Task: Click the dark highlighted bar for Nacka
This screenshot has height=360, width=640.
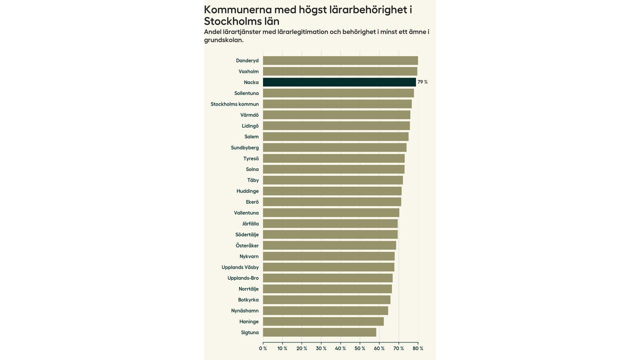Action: pos(339,82)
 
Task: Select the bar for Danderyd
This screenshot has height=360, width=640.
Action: pos(340,60)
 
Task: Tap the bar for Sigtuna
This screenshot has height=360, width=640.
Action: pos(319,332)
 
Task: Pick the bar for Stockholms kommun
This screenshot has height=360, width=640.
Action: pos(337,104)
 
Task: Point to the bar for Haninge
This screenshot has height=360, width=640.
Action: pos(323,321)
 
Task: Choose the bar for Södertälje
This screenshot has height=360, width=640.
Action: pos(330,234)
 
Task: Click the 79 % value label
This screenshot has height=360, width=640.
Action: pos(422,82)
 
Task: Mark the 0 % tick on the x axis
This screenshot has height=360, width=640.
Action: pos(263,348)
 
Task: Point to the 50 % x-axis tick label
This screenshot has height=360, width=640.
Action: pos(360,348)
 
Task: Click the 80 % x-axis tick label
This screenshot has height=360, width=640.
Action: pos(418,348)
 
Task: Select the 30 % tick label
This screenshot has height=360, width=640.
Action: pos(321,348)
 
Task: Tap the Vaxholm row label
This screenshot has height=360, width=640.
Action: pos(248,71)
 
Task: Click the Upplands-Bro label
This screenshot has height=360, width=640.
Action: pos(243,278)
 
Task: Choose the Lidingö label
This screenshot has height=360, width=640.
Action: pos(250,126)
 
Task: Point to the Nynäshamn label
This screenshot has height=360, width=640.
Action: pos(244,310)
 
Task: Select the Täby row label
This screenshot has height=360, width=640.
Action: pos(253,180)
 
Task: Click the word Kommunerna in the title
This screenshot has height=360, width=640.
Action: pos(237,9)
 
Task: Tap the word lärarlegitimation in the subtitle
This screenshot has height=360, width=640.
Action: pos(302,32)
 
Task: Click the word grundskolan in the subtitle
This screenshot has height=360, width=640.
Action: pos(223,40)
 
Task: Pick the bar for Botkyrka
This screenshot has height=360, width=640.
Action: pos(326,300)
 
